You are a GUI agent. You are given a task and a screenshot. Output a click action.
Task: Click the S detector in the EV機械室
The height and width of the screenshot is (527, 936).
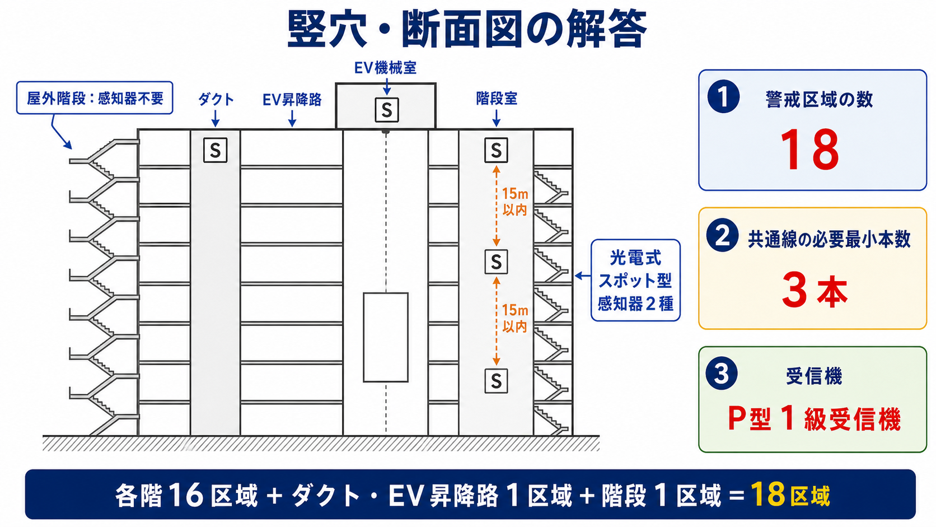[386, 110]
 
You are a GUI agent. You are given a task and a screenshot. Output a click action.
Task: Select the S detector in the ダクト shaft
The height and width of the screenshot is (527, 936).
[215, 150]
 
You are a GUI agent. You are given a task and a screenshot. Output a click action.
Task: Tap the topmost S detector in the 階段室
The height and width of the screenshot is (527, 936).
[496, 150]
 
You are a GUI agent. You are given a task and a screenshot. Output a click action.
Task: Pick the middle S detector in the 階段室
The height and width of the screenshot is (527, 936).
[496, 262]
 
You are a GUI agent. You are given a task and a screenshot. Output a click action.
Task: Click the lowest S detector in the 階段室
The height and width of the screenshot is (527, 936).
[496, 381]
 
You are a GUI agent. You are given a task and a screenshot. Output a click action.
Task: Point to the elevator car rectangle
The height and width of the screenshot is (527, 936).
[386, 337]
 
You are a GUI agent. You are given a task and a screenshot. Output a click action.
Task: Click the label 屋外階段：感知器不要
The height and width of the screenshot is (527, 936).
[95, 98]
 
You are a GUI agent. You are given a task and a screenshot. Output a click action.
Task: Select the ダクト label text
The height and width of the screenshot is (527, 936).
[216, 100]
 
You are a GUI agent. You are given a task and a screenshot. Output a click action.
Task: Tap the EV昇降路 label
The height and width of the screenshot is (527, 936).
[292, 100]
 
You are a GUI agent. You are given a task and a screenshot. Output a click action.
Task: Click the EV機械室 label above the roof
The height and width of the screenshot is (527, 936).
[385, 68]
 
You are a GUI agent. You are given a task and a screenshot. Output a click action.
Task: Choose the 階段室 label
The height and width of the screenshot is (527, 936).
[497, 99]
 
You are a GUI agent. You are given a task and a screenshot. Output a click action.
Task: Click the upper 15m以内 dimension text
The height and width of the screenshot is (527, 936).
[515, 202]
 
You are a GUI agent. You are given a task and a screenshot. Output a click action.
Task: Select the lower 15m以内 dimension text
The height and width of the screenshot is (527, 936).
[515, 318]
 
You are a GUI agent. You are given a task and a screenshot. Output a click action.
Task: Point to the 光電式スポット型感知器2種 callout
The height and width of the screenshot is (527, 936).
[635, 280]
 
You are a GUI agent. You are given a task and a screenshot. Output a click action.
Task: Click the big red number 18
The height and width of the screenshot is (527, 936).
[809, 150]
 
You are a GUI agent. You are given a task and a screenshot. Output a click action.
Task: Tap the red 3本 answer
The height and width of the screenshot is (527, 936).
[815, 290]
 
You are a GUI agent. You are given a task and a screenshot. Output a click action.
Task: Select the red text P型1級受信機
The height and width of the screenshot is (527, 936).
[814, 418]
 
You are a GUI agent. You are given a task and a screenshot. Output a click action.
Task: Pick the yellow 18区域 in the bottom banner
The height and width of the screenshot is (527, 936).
[790, 495]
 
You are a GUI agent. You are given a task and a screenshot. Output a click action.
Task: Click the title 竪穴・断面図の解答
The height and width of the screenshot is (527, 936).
[467, 29]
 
